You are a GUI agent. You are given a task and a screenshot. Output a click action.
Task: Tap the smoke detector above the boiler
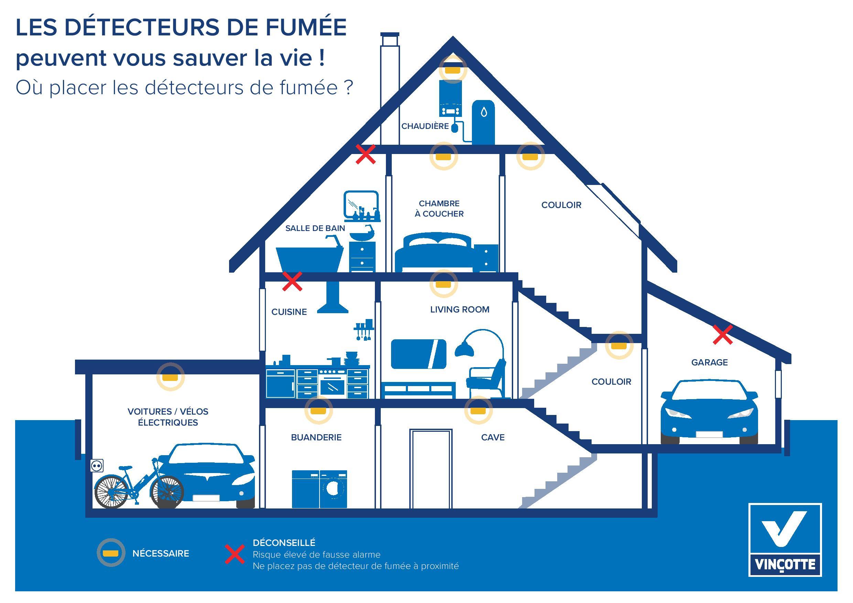pyautogui.click(x=453, y=69)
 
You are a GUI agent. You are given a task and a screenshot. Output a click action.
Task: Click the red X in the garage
pyautogui.click(x=723, y=335)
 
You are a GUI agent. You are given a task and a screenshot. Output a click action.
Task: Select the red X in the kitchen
pyautogui.click(x=292, y=281)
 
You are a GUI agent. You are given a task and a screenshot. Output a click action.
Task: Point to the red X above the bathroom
pyautogui.click(x=366, y=154)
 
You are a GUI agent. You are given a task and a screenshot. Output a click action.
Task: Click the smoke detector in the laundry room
pyautogui.click(x=318, y=410)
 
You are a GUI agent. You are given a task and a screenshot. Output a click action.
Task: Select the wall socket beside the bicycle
pyautogui.click(x=97, y=465)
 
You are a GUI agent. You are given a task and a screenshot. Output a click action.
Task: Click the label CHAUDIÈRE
pyautogui.click(x=425, y=126)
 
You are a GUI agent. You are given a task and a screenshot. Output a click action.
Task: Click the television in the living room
pyautogui.click(x=419, y=354)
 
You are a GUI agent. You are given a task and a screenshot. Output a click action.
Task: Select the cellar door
pyautogui.click(x=431, y=469)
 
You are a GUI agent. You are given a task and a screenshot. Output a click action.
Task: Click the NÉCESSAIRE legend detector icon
pyautogui.click(x=111, y=553)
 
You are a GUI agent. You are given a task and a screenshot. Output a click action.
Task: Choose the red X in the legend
pyautogui.click(x=235, y=555)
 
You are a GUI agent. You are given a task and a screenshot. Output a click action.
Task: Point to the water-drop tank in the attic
pyautogui.click(x=483, y=122)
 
